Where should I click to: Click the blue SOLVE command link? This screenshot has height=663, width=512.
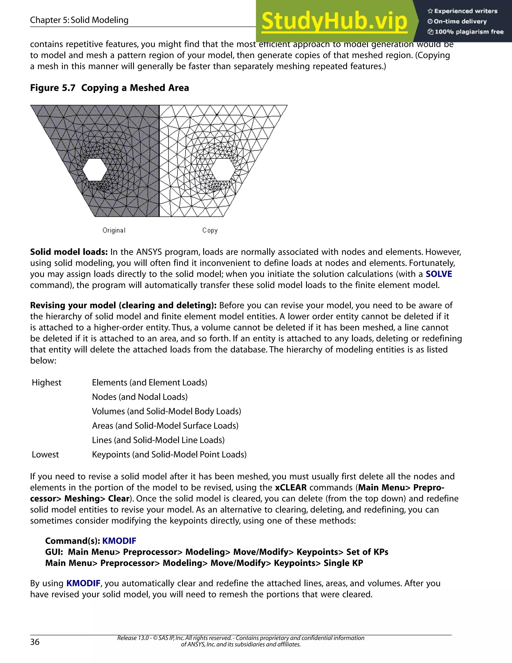[x=438, y=274]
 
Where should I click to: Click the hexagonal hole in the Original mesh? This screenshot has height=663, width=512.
[x=95, y=170]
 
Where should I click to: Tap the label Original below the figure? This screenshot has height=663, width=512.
[x=114, y=230]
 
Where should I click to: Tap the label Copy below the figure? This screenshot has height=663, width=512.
[x=210, y=230]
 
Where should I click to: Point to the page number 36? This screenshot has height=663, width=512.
[x=35, y=642]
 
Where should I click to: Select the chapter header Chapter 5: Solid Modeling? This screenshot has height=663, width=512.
[x=79, y=20]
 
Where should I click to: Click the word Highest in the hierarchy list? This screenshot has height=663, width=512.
[x=46, y=383]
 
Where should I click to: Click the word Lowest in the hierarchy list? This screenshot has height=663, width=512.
[x=45, y=454]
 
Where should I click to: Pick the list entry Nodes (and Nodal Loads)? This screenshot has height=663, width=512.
[x=139, y=397]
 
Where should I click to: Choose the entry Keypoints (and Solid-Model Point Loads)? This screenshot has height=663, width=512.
[x=169, y=454]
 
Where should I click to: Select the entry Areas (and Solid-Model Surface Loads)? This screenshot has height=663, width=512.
[x=165, y=426]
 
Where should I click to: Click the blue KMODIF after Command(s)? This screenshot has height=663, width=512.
[x=119, y=541]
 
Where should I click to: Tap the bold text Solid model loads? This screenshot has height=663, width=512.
[x=69, y=252]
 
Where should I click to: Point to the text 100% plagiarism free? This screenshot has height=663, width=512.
[x=469, y=32]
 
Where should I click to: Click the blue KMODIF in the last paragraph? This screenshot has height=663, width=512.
[x=83, y=583]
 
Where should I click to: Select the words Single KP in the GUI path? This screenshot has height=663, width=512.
[x=343, y=563]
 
